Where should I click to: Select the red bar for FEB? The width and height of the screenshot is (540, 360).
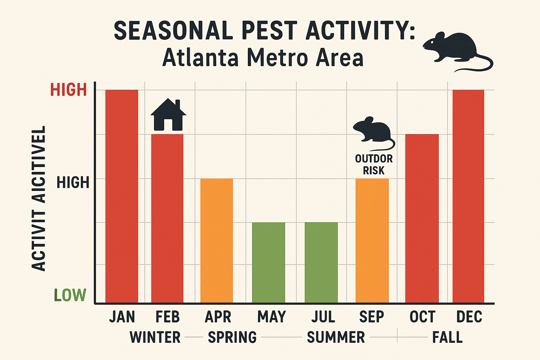167,218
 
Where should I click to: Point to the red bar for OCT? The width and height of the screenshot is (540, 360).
422,218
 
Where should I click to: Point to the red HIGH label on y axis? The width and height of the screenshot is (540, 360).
69,90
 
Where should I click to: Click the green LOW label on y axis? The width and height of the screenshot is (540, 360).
70,295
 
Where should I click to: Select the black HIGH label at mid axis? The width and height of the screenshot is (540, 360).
73,183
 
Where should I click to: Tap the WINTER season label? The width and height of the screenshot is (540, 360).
155,337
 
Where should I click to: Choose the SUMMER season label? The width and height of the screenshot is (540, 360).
336,337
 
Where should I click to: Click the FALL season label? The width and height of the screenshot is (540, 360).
447,337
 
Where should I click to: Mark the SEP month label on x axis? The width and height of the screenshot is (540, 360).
372,317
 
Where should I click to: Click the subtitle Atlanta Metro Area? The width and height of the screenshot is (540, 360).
263,58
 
